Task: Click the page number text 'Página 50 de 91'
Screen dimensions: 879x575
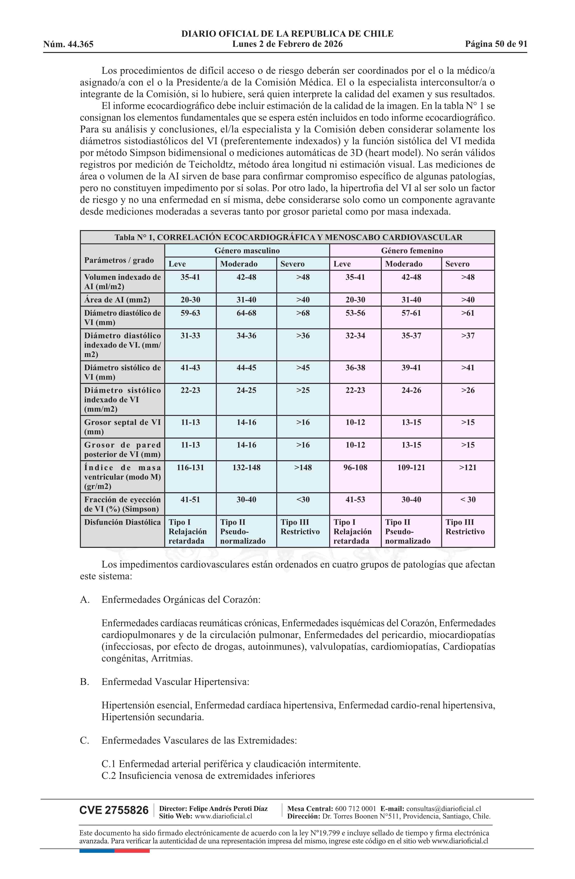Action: (x=496, y=44)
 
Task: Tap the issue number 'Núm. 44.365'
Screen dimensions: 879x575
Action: (x=68, y=44)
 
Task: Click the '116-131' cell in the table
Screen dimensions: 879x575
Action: (x=190, y=468)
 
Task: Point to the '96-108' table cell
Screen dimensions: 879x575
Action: (x=355, y=468)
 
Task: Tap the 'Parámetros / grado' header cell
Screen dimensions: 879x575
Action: (x=119, y=260)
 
